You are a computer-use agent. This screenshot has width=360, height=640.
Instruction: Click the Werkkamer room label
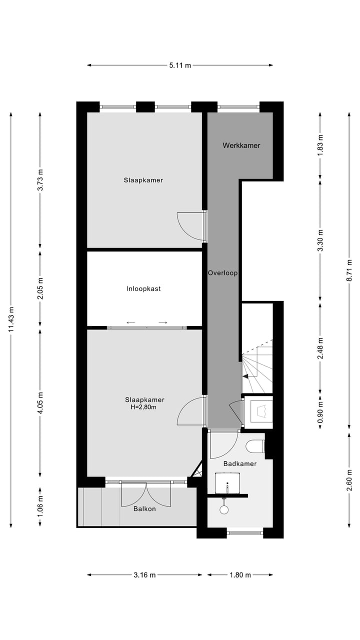(x=241, y=145)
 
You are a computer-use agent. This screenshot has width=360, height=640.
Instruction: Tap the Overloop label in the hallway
(x=222, y=273)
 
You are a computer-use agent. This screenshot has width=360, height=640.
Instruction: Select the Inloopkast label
(x=143, y=288)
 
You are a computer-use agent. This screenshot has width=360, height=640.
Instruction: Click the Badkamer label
(x=240, y=463)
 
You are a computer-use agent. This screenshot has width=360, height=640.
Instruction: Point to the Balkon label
(x=144, y=509)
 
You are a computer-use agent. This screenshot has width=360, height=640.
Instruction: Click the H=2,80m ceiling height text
(x=144, y=407)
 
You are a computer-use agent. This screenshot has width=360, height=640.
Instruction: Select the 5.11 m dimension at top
(x=180, y=65)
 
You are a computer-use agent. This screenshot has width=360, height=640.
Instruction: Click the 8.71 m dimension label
(x=349, y=270)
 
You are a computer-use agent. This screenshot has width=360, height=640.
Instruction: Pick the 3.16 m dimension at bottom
(x=144, y=575)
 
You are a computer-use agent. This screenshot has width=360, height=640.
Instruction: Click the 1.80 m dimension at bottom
(x=240, y=575)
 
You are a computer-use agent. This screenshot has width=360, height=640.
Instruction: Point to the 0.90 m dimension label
(x=320, y=409)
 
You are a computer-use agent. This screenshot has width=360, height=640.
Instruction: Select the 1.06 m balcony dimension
(x=40, y=505)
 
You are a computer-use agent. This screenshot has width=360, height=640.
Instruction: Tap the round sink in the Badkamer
(x=224, y=509)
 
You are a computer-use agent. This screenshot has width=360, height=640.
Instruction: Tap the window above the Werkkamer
(x=238, y=106)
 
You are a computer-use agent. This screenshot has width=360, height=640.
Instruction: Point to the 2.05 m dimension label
(x=40, y=288)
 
